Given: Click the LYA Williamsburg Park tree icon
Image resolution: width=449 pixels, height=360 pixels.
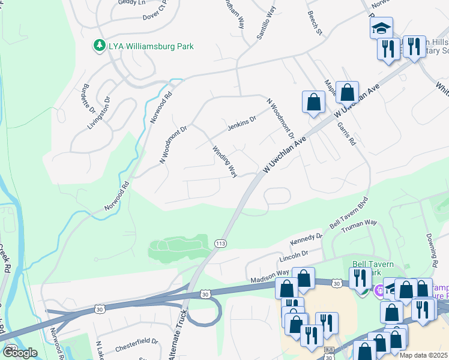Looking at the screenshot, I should (x=99, y=46).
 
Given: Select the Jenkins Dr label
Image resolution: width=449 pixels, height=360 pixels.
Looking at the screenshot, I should (x=242, y=123).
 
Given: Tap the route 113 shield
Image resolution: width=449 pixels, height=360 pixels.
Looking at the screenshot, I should (x=220, y=243).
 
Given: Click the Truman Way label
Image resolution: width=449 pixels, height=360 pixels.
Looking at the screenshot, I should (x=358, y=226).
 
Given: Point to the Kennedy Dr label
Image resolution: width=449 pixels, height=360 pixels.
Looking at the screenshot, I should (x=306, y=240).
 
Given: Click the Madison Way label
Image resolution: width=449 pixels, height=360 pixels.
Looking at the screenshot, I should (x=270, y=273).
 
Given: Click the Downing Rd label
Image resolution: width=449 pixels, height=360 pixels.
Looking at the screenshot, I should (x=430, y=251).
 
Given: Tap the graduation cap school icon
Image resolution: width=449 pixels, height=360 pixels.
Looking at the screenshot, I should (x=380, y=28).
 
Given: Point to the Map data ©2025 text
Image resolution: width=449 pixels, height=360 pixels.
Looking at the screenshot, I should (x=423, y=355).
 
